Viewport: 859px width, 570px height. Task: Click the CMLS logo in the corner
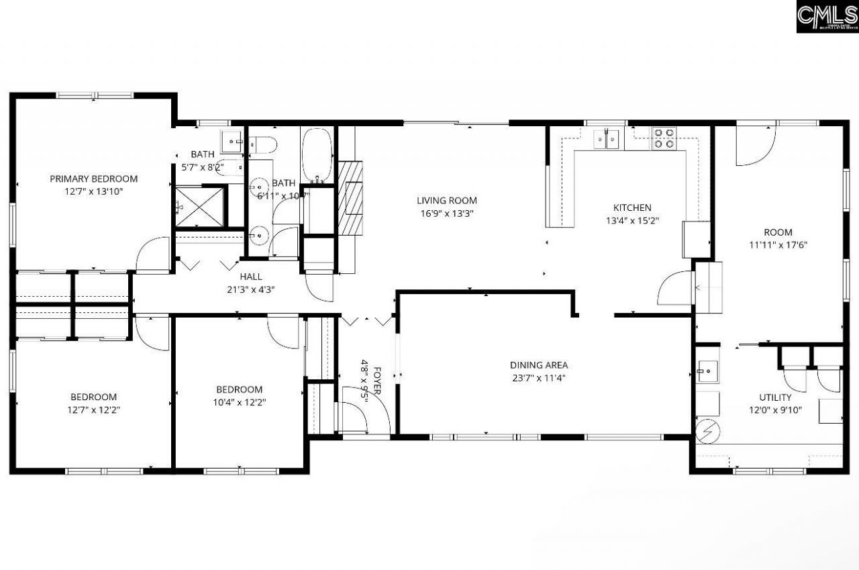click(827, 17)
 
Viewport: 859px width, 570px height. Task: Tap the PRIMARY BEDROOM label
click(94, 179)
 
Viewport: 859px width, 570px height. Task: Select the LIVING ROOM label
click(446, 200)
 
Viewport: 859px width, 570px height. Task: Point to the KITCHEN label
click(632, 207)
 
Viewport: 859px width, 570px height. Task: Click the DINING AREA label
click(538, 365)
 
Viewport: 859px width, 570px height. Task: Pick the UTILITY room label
click(775, 397)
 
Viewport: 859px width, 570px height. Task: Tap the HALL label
click(251, 277)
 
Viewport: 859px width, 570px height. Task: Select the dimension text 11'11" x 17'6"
click(778, 245)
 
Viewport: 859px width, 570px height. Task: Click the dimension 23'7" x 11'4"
click(538, 377)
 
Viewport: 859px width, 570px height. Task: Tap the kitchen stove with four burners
click(663, 138)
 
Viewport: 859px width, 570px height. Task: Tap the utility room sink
click(707, 370)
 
